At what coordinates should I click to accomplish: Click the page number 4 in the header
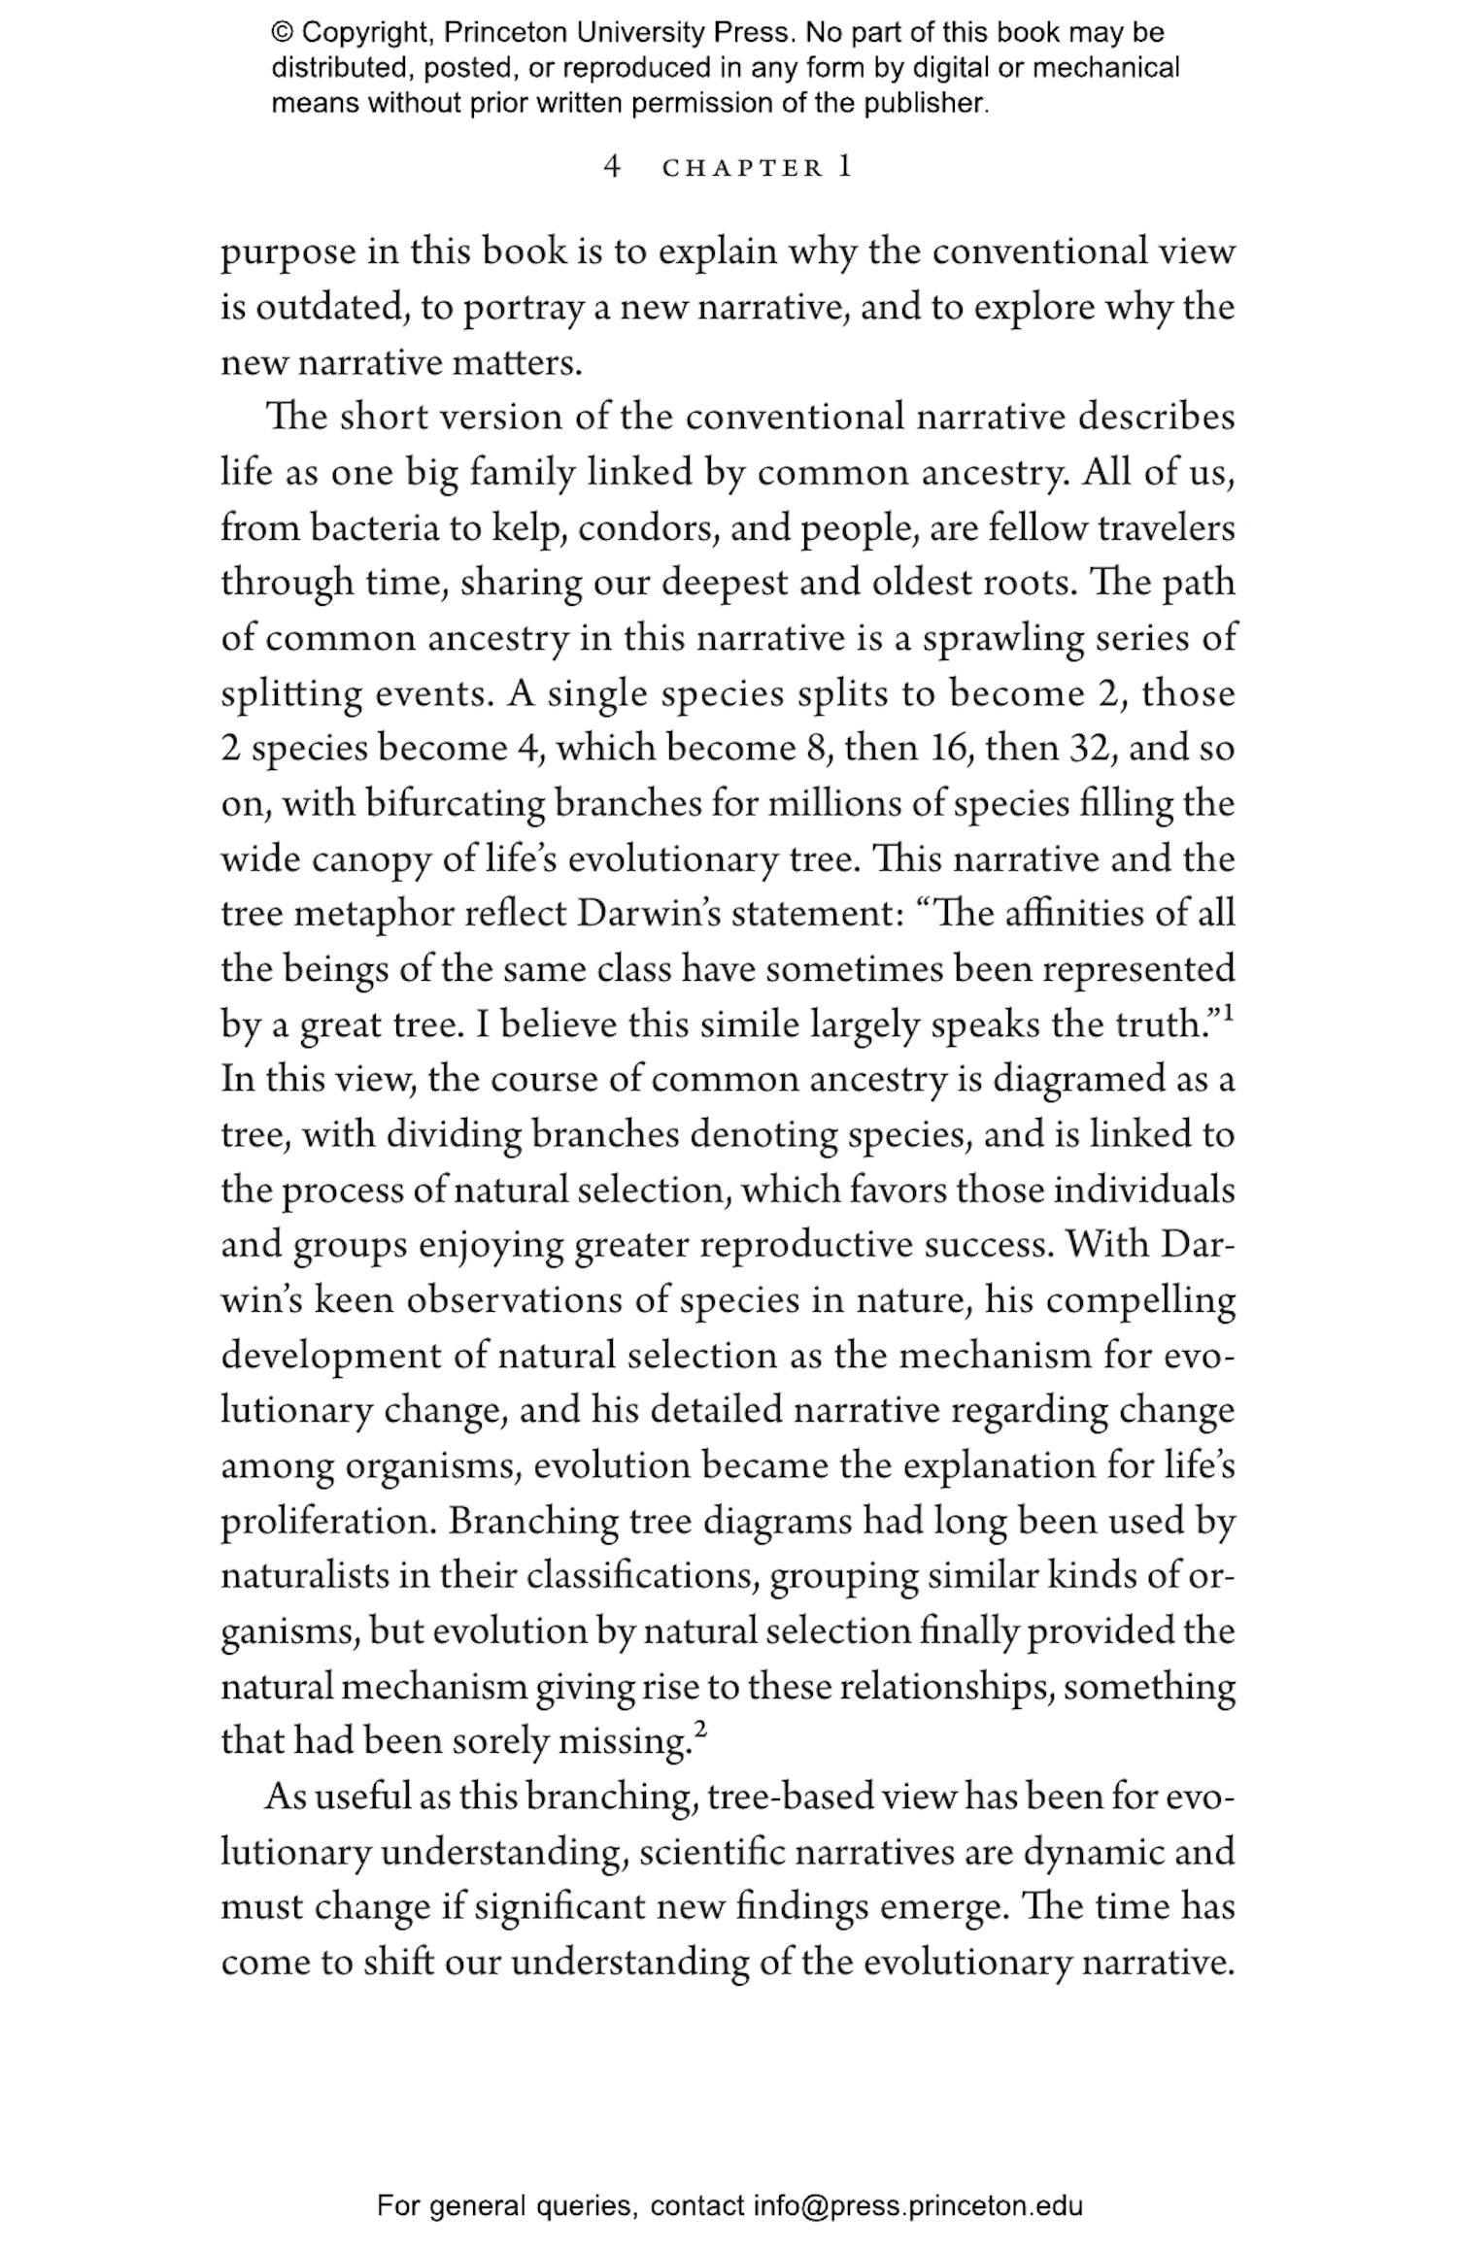(x=611, y=167)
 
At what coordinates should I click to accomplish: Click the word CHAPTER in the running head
(x=742, y=168)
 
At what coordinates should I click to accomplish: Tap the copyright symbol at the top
(x=282, y=33)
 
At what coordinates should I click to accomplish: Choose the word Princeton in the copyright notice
(x=506, y=33)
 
